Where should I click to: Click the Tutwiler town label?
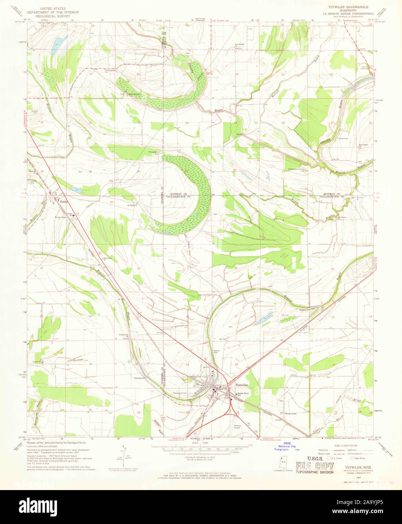242,385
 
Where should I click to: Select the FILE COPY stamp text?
315,465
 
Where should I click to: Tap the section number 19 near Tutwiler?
187,365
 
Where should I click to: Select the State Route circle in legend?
351,458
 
